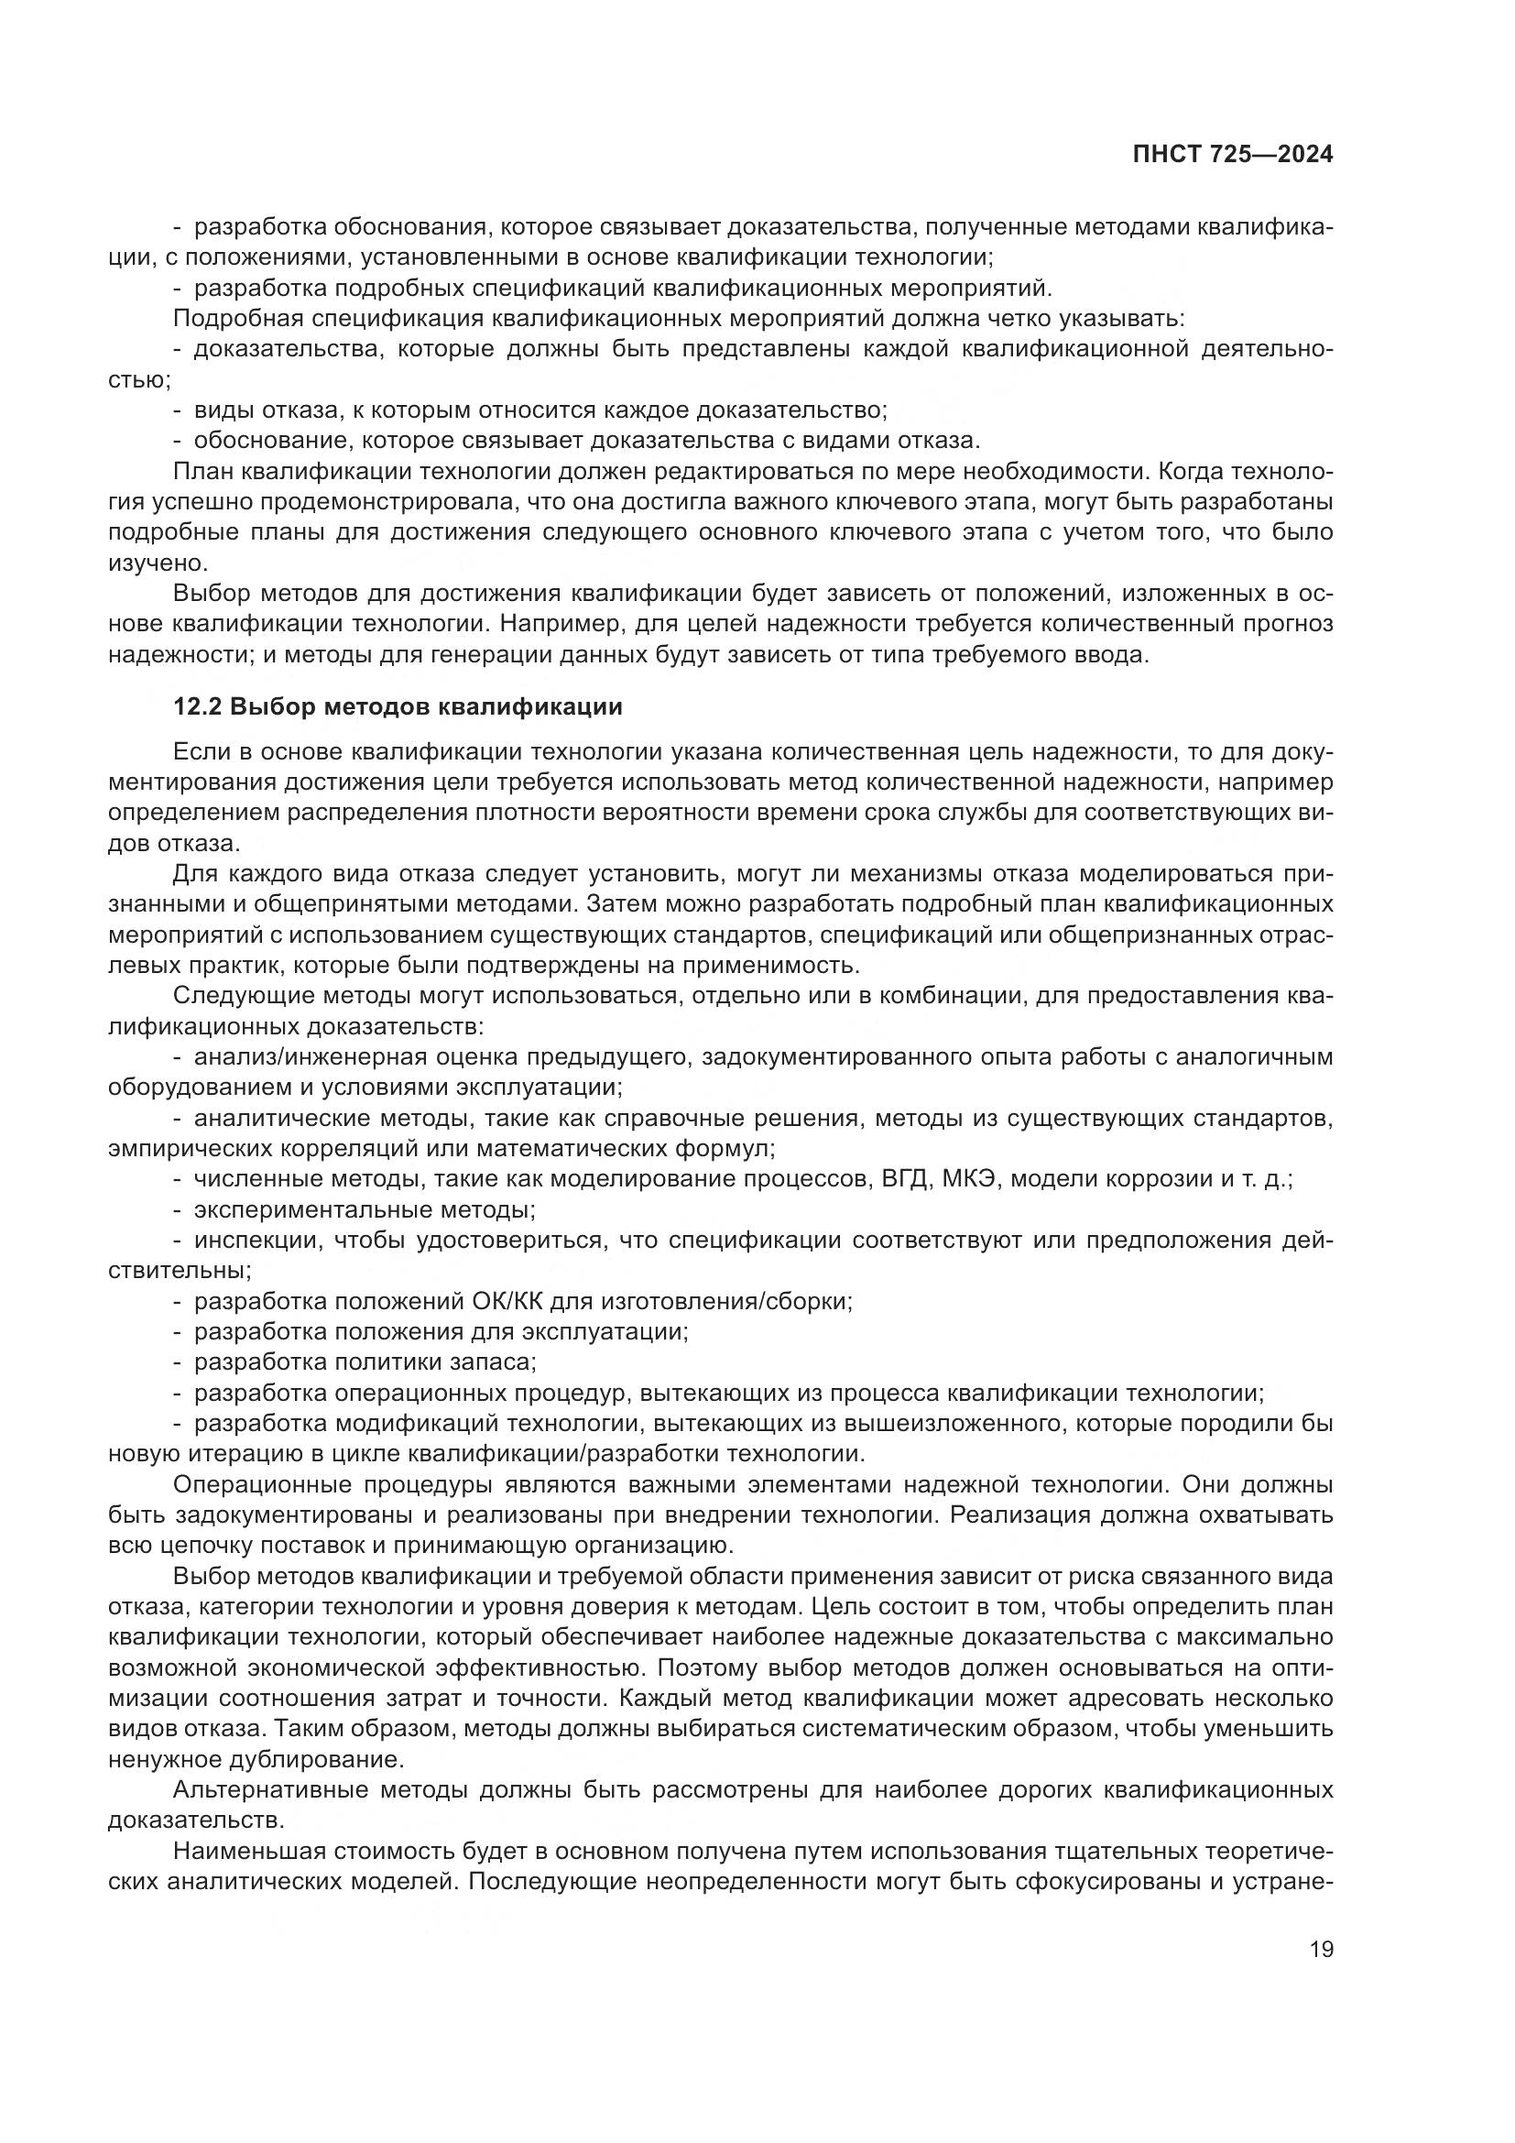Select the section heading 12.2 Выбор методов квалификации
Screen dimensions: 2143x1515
pyautogui.click(x=398, y=706)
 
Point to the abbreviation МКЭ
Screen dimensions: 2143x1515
pyautogui.click(x=971, y=1179)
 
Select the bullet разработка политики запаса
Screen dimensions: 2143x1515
pyautogui.click(x=365, y=1361)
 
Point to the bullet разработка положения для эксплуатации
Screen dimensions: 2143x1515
pyautogui.click(x=441, y=1332)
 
